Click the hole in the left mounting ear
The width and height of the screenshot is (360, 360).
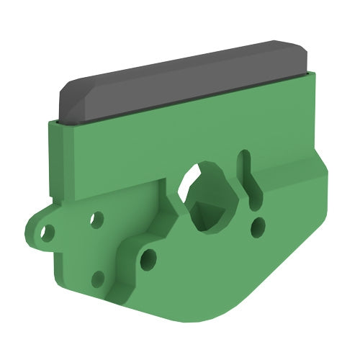48,232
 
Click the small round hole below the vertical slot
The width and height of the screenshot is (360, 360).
256,228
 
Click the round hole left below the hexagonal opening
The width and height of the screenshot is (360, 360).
148,257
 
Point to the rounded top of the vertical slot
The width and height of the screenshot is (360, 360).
245,155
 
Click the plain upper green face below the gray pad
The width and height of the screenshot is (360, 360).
144,144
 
